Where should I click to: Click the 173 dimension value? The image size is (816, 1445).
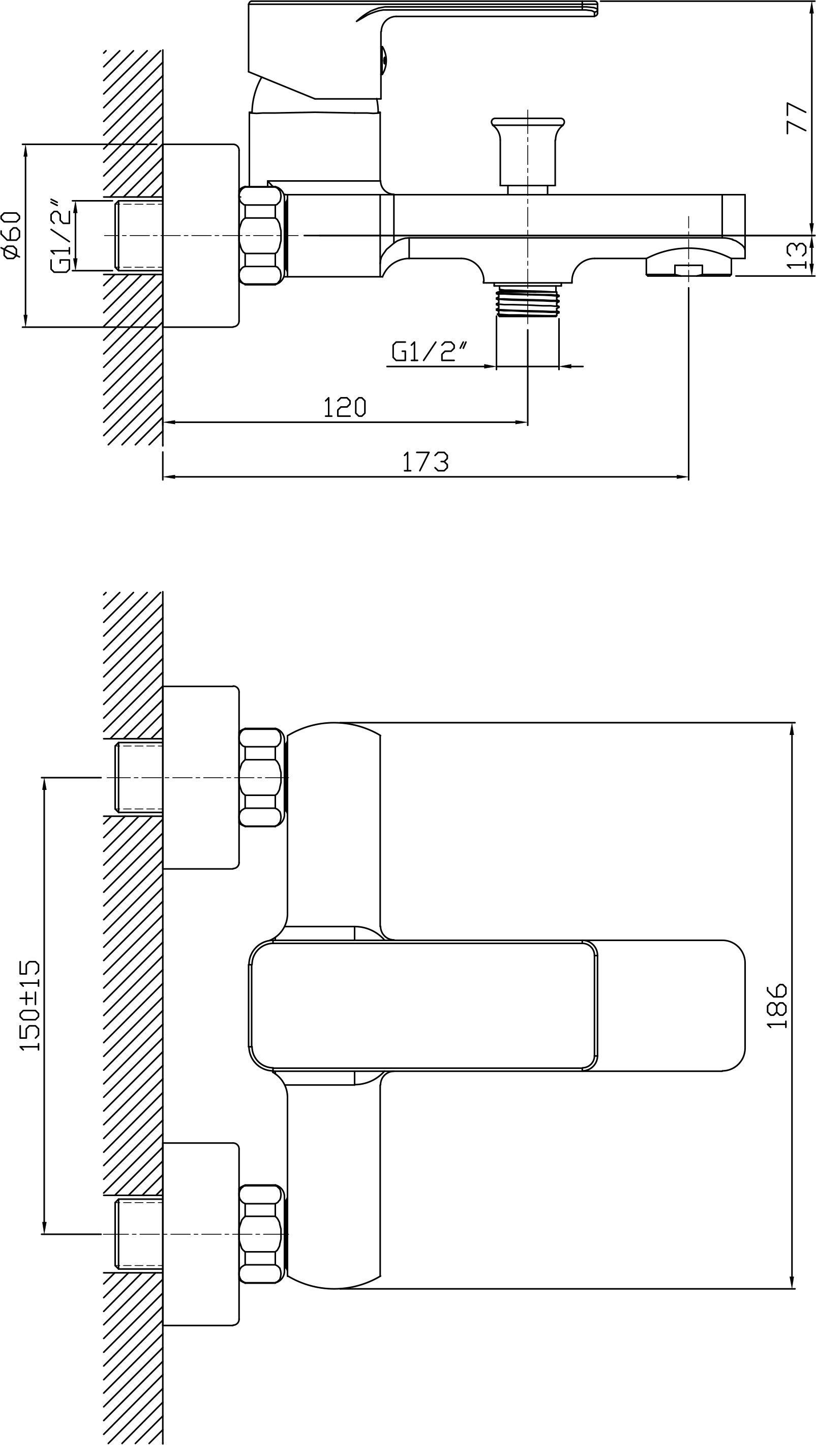click(x=426, y=461)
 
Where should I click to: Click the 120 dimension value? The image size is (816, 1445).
click(x=345, y=407)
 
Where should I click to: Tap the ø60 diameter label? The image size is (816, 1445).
click(x=12, y=235)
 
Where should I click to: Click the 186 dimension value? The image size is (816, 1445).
click(x=777, y=1005)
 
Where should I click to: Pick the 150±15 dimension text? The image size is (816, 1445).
click(x=29, y=1005)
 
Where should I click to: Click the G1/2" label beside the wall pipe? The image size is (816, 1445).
click(x=62, y=236)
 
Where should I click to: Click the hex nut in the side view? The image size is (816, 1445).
click(x=261, y=236)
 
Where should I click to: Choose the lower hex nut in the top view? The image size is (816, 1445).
click(x=261, y=1234)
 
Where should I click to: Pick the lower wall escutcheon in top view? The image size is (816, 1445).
click(x=201, y=1234)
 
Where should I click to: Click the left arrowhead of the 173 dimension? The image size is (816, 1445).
click(x=168, y=477)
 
